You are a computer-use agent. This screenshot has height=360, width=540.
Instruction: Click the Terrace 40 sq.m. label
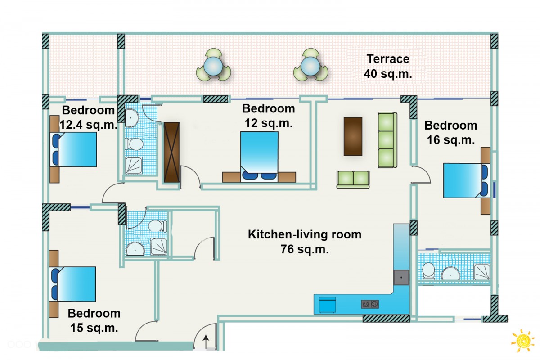388,66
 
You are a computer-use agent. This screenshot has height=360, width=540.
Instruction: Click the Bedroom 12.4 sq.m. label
88,117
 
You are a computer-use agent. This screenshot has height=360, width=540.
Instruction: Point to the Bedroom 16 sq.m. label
450,133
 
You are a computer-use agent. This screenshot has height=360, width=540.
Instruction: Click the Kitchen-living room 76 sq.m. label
305,242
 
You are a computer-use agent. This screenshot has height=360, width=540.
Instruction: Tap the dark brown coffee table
353,136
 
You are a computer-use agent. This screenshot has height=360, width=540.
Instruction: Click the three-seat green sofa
387,140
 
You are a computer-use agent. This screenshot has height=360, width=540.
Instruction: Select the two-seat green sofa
353,179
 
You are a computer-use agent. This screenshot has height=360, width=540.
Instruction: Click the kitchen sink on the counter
401,277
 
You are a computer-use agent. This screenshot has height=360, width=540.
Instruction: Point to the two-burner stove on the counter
369,304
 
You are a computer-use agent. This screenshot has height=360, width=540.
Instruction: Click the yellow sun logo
522,340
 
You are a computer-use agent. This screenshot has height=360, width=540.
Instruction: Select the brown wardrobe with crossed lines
171,152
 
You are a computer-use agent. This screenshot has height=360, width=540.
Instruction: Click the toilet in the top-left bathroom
134,144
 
